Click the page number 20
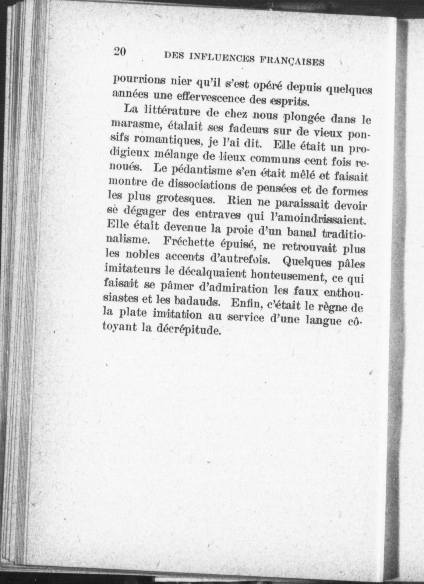(x=120, y=51)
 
